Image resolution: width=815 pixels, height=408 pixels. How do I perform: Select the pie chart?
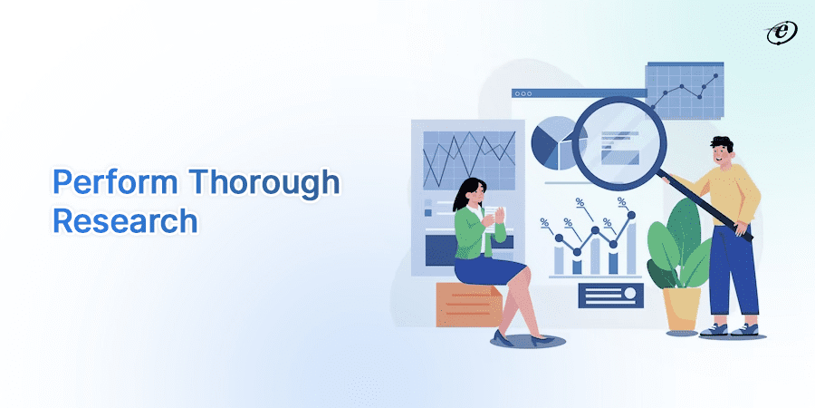tap(552, 141)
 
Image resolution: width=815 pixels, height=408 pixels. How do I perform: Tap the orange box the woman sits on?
tap(467, 304)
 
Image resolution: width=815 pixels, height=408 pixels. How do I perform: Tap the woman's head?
tap(475, 191)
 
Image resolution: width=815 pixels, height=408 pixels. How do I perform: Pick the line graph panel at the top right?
tap(685, 91)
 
